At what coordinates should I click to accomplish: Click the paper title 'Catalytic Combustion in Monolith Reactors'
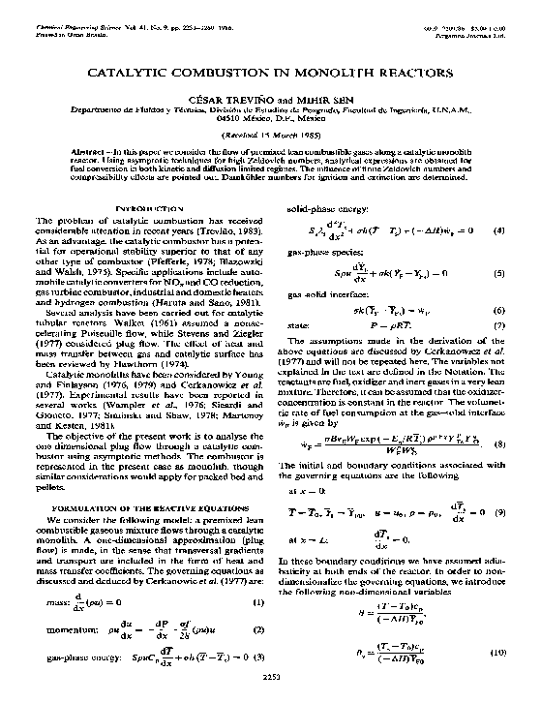[270, 73]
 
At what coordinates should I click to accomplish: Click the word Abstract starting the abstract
[90, 153]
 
